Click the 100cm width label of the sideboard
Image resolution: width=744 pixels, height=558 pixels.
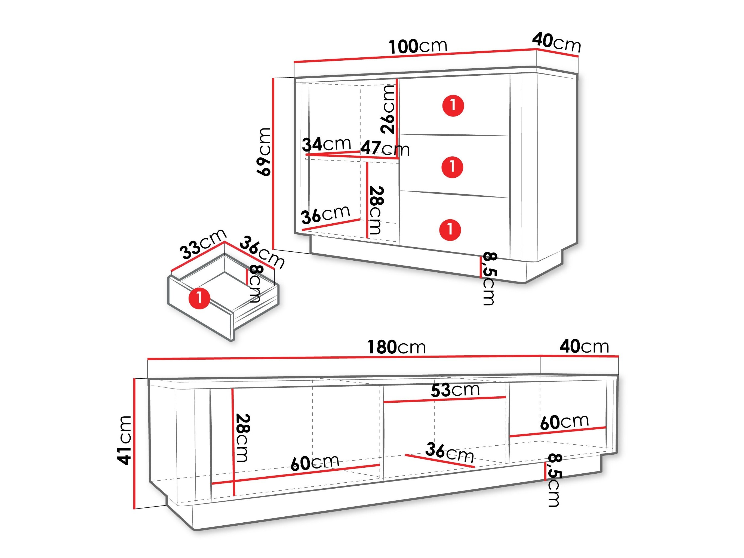point(418,47)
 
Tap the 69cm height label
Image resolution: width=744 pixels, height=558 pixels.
point(264,152)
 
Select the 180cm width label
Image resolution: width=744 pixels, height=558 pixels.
point(396,347)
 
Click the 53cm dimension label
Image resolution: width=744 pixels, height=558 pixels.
point(455,390)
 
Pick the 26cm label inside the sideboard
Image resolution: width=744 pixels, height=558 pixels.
point(388,109)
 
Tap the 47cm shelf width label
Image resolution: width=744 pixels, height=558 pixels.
point(385,148)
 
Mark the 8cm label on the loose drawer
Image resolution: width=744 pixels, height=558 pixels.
point(255,284)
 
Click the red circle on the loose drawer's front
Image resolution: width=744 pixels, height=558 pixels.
point(199,298)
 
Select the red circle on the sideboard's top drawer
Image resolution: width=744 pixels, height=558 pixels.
point(453,105)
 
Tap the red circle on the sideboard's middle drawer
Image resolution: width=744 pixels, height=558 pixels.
point(452,167)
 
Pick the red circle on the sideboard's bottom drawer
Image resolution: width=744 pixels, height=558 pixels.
point(450,230)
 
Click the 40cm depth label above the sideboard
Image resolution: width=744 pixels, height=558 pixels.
point(557,42)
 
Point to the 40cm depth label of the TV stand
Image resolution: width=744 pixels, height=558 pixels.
point(585,346)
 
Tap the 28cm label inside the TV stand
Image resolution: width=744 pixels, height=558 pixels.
point(242,438)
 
